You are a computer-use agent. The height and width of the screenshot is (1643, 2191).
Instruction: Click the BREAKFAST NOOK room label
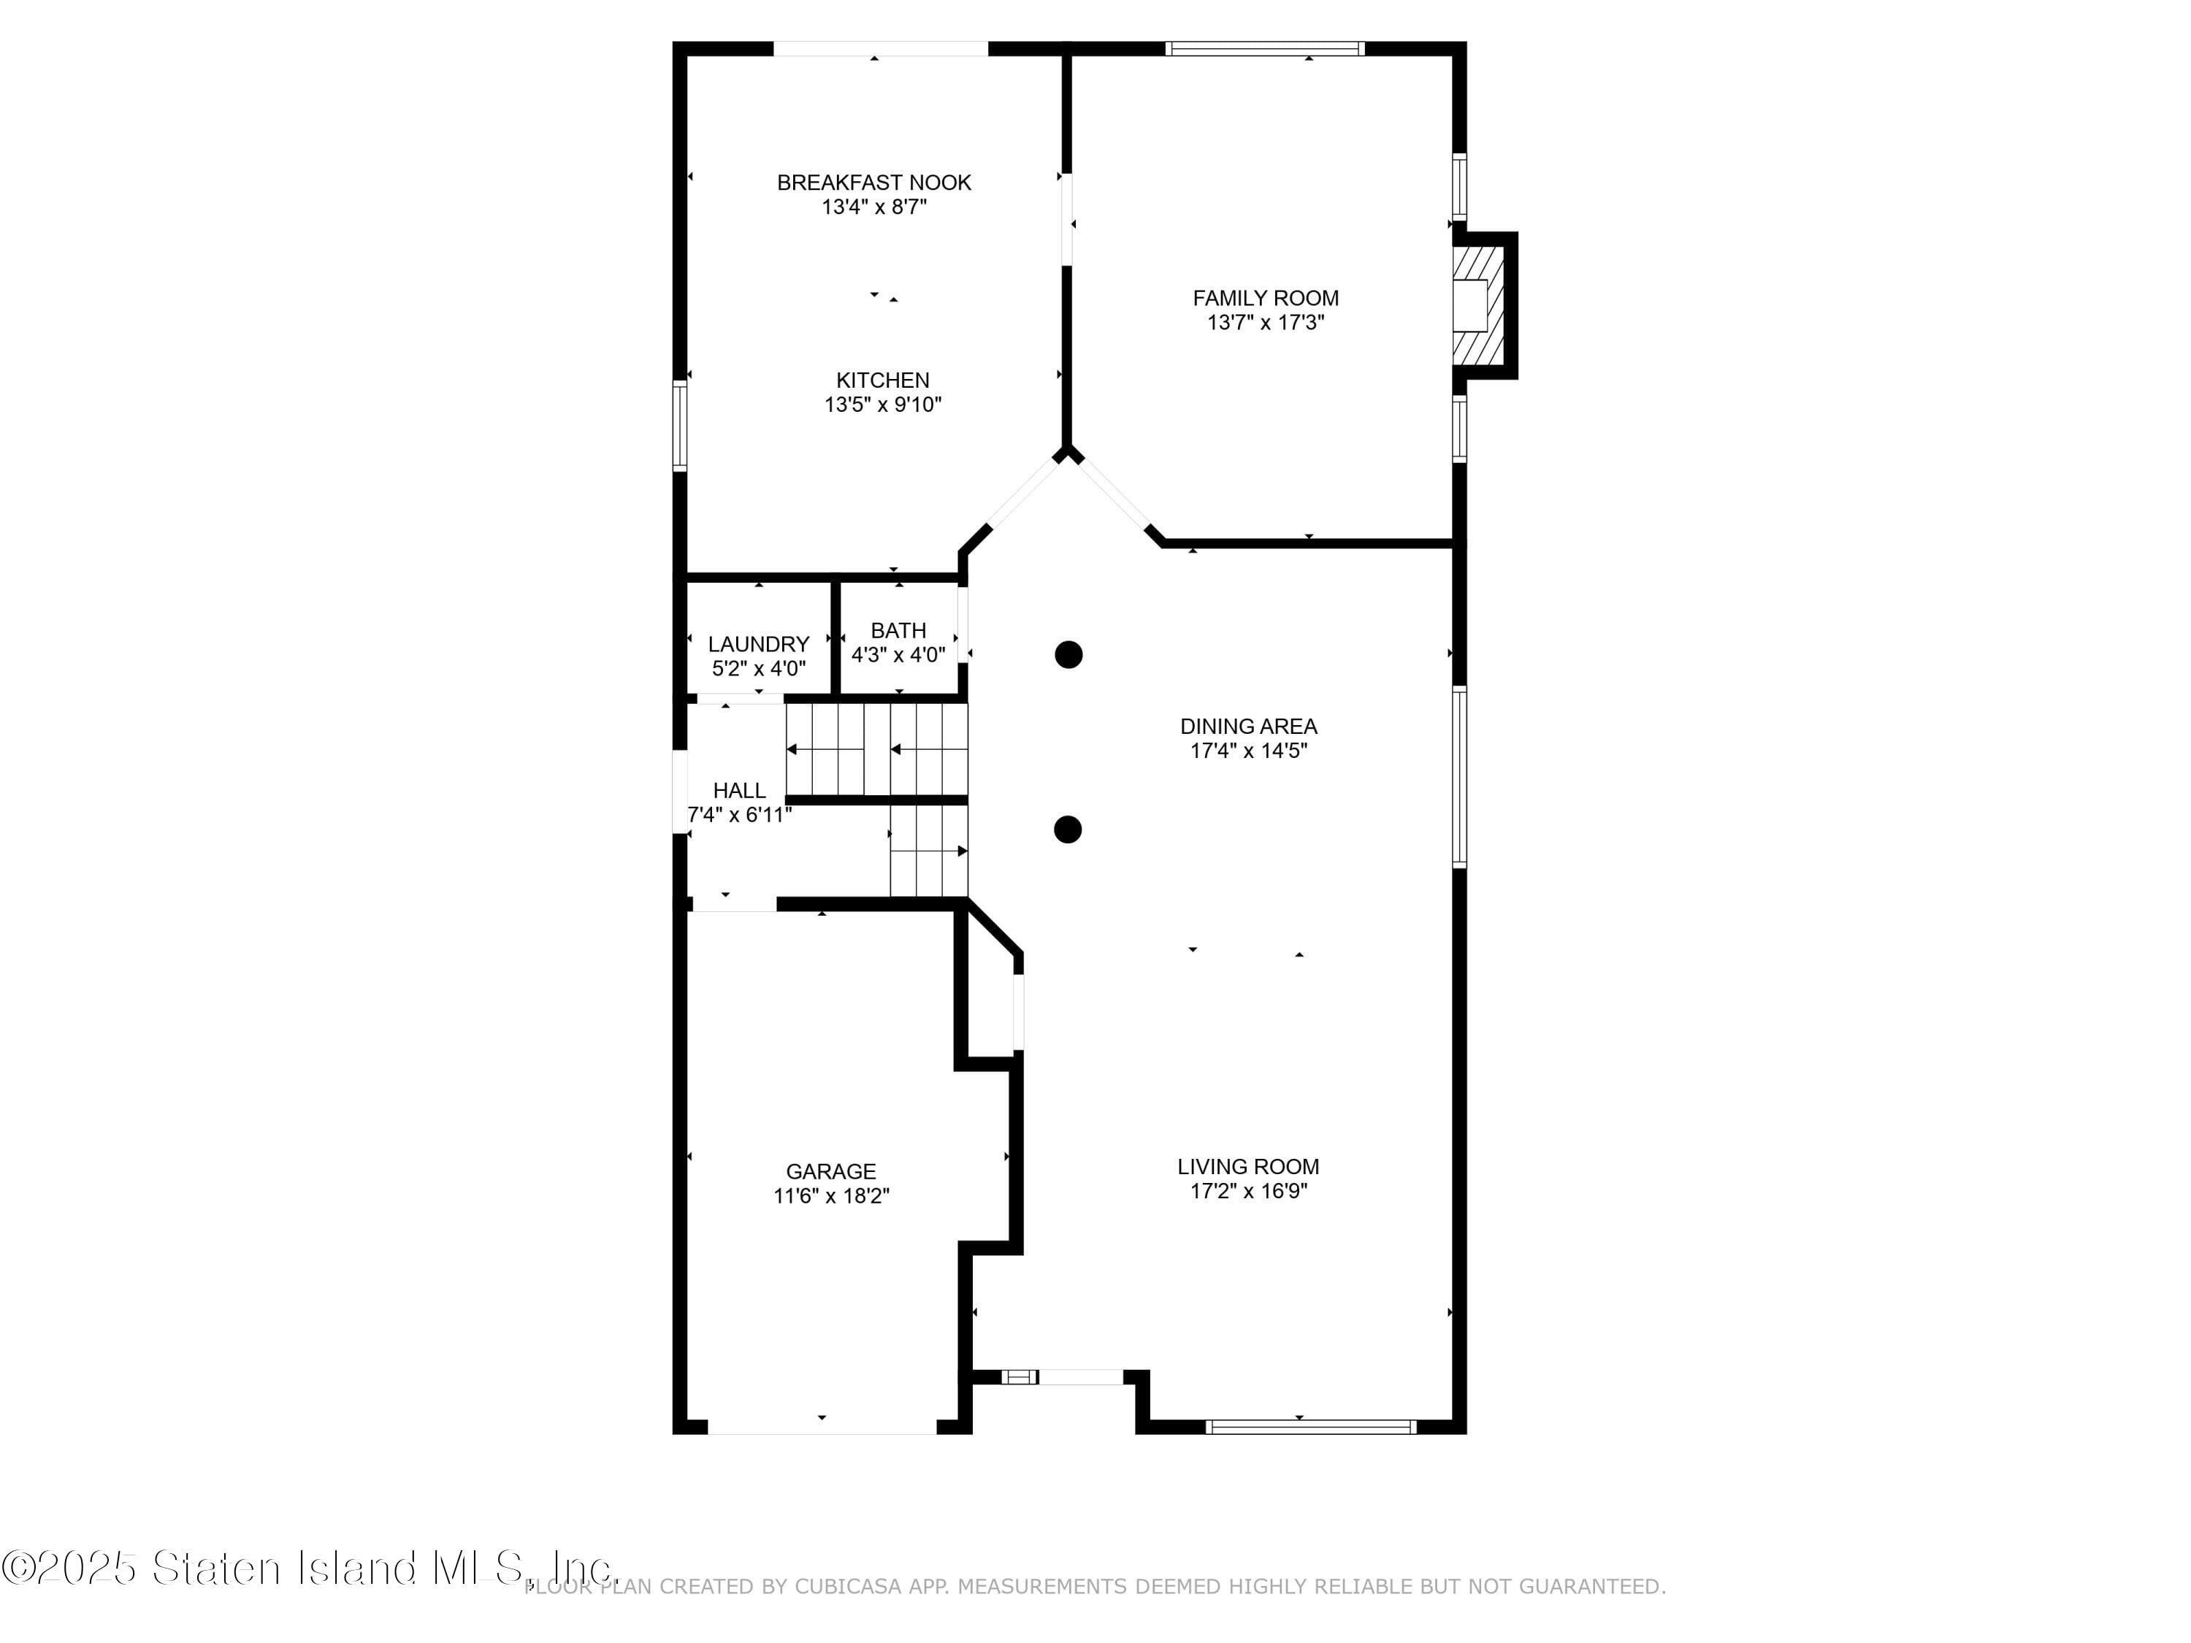[x=873, y=183]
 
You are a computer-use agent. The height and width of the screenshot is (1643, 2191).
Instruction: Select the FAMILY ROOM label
[x=1265, y=298]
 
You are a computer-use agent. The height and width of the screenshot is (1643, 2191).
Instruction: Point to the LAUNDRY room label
[x=758, y=645]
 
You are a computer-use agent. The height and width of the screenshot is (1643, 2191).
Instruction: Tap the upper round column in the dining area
[x=1068, y=654]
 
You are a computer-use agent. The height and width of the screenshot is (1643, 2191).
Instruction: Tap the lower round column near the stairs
[x=1067, y=829]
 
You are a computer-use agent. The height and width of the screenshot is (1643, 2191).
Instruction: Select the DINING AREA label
[x=1248, y=726]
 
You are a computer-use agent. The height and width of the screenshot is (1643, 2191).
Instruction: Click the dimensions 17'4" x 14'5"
[x=1248, y=751]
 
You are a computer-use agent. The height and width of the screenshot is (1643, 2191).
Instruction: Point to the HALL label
[x=739, y=790]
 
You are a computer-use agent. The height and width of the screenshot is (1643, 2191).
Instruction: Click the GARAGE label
[x=831, y=1171]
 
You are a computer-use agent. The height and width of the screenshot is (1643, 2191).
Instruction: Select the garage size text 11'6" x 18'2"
[x=831, y=1196]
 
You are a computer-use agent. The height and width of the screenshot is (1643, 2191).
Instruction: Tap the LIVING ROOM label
[x=1248, y=1167]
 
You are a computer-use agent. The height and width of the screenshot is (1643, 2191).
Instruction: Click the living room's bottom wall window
[x=1310, y=1426]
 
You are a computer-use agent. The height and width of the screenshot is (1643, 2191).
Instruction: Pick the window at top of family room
[x=1264, y=48]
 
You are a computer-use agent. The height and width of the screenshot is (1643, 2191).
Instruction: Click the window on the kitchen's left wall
[x=679, y=425]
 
